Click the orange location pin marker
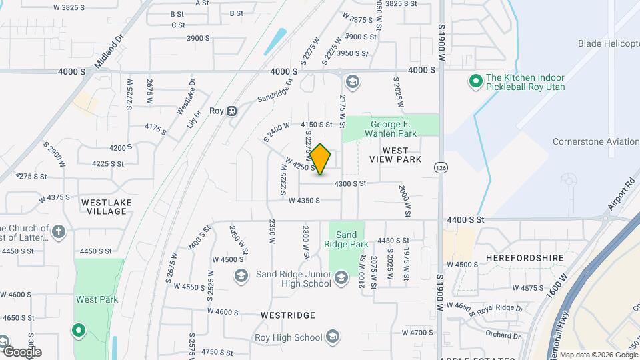[321, 159]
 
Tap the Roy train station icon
[232, 111]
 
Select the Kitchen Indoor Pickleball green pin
[475, 82]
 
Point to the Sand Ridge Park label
[346, 239]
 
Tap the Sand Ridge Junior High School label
[284, 279]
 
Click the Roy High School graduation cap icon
[333, 337]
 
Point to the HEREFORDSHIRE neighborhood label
[525, 257]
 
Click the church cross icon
[59, 233]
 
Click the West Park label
[97, 299]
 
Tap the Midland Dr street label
[110, 51]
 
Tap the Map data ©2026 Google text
[598, 355]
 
